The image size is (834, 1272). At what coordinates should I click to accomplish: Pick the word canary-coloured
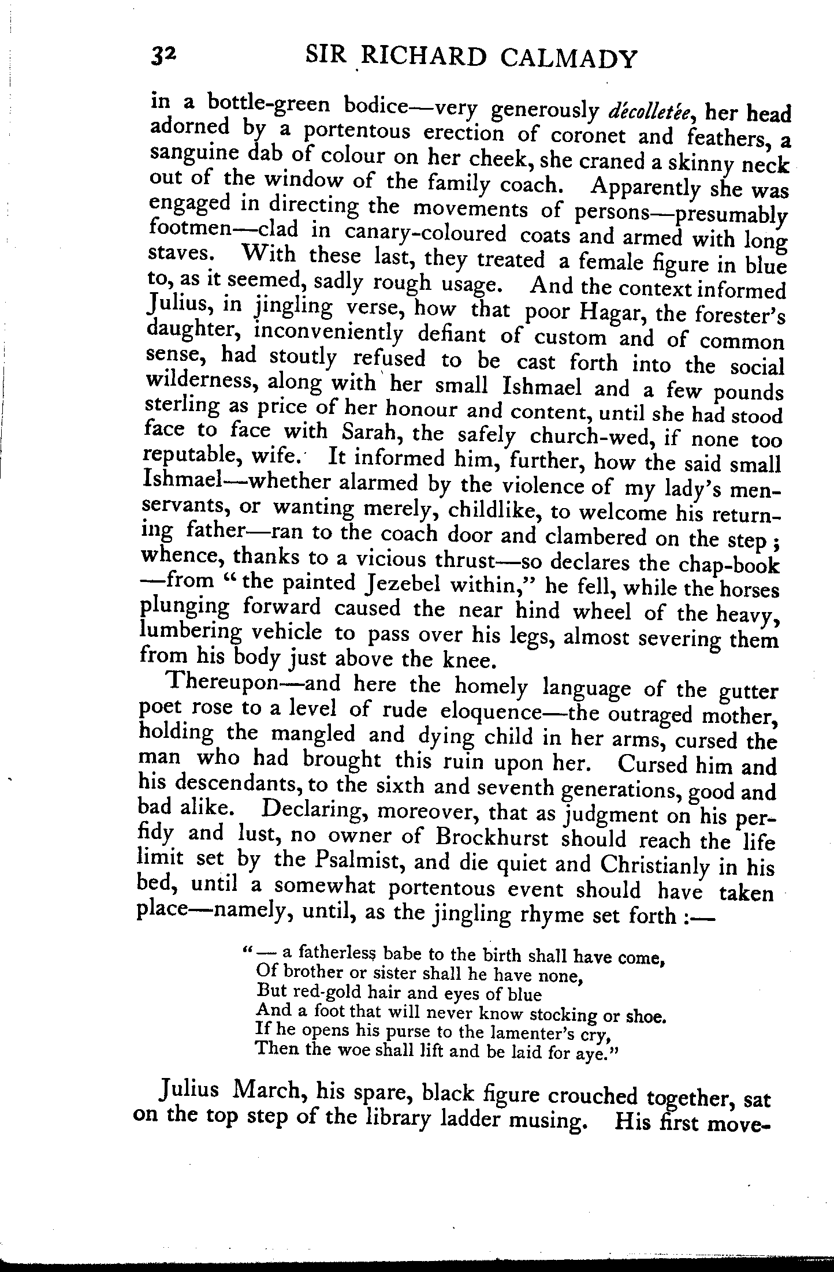(x=426, y=234)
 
